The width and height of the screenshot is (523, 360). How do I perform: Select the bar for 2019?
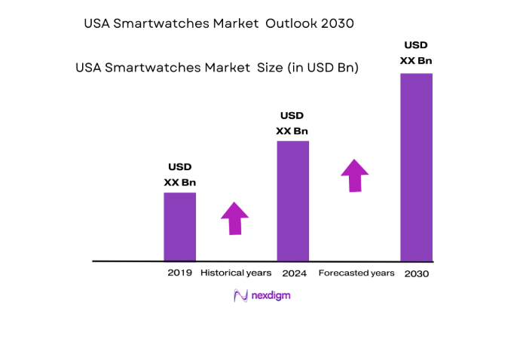179,227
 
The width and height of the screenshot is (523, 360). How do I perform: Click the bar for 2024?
292,200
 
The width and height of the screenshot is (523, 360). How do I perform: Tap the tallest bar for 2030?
416,166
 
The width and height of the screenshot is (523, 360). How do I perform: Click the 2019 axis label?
179,273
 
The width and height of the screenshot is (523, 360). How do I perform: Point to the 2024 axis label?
293,273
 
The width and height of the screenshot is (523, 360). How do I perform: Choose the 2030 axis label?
416,273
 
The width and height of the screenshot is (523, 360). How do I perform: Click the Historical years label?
235,273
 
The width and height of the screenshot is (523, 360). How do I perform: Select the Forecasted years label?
356,273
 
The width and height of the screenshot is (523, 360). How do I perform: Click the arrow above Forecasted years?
355,175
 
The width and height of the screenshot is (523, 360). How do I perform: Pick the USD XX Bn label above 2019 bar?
179,175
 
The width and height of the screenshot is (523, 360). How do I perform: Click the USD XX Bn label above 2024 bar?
292,124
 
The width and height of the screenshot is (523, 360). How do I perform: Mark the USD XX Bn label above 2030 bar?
416,52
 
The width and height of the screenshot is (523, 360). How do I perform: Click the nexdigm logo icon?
240,296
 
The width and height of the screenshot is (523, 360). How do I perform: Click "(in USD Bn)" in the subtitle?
323,68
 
